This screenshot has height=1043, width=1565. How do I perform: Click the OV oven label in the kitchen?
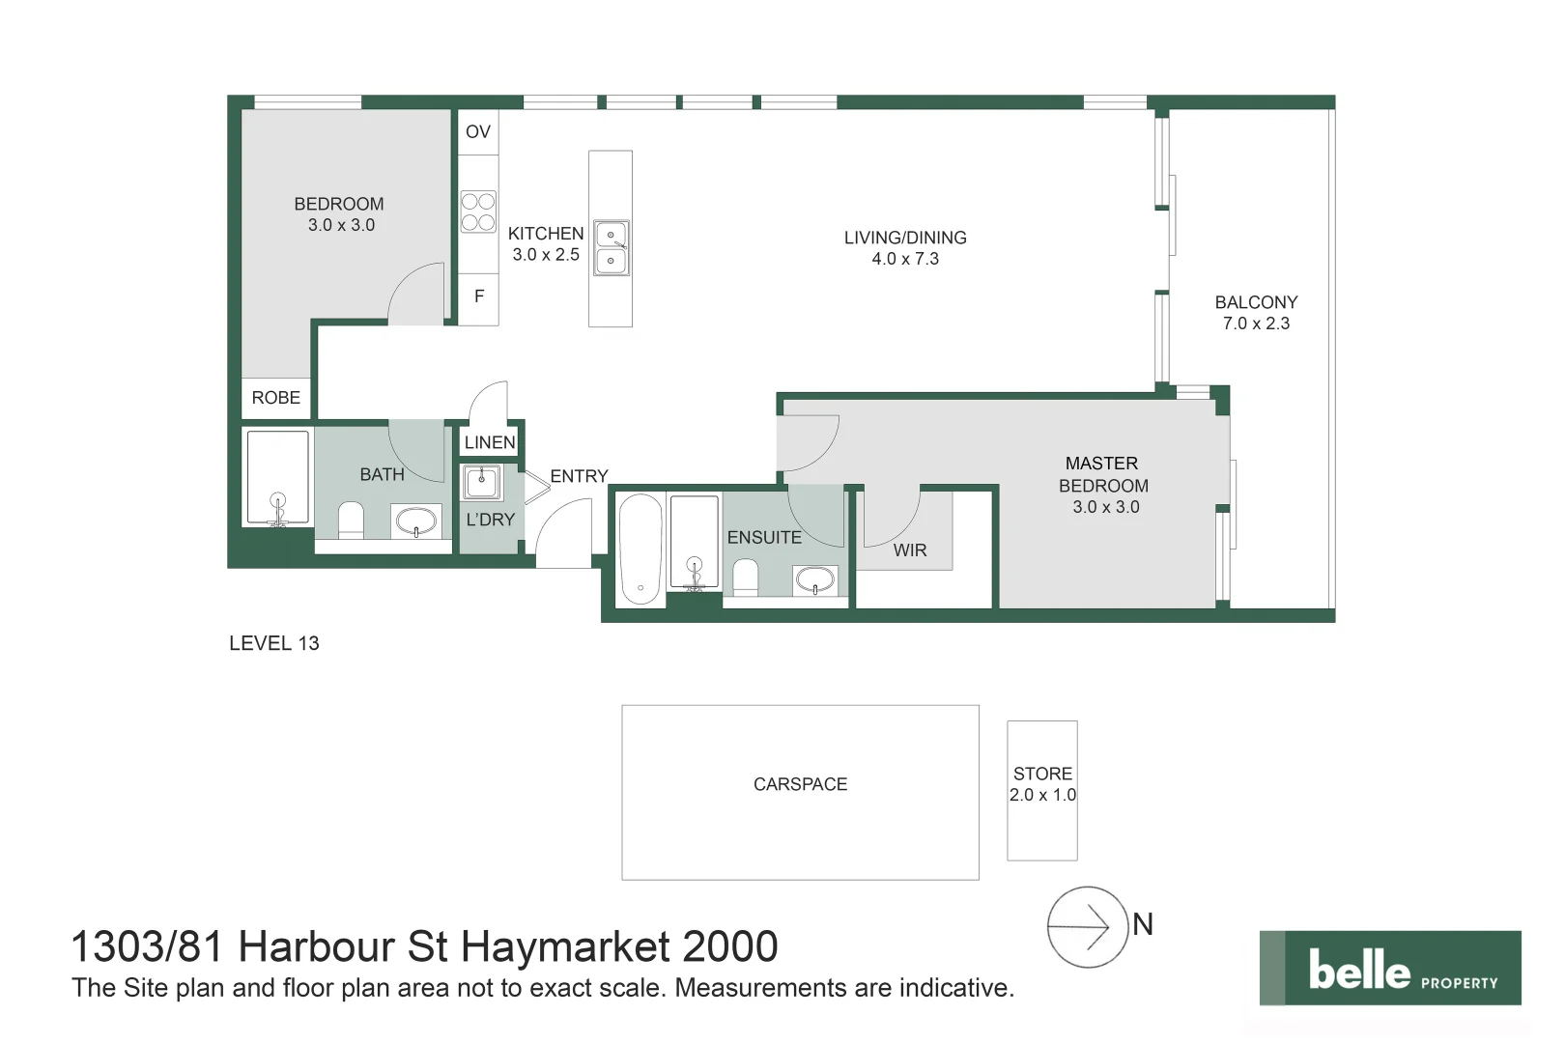click(478, 132)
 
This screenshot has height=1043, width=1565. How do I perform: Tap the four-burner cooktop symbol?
click(478, 211)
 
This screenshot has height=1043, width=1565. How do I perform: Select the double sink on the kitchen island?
click(611, 247)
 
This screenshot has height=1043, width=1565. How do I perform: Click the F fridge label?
click(479, 296)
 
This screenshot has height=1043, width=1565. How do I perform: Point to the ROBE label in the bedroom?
click(275, 398)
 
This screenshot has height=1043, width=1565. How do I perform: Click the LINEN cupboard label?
click(490, 442)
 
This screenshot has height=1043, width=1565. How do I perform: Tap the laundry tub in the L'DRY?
click(482, 481)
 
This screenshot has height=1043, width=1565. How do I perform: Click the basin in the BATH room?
click(417, 521)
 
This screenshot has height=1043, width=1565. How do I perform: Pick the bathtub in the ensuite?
click(640, 549)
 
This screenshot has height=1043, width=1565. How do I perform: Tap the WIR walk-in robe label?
click(909, 550)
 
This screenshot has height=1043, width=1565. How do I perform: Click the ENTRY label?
click(579, 476)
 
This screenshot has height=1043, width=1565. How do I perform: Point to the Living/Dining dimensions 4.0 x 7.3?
click(905, 259)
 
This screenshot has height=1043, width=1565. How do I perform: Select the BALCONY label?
click(1256, 302)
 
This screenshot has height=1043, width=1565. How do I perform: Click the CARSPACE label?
click(800, 784)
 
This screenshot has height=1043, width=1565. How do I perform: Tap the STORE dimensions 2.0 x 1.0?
click(1042, 795)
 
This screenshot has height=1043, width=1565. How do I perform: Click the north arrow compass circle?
click(1088, 927)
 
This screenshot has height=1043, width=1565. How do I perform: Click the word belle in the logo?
click(1358, 970)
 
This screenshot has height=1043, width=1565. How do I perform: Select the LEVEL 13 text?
click(273, 643)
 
